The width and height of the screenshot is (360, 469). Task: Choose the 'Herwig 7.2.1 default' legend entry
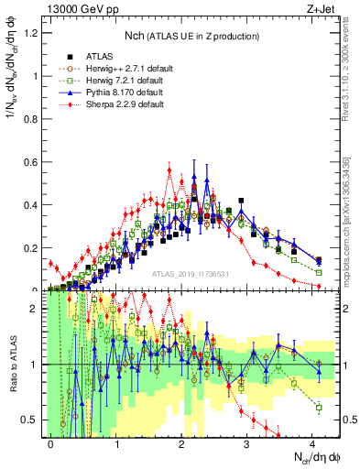119,80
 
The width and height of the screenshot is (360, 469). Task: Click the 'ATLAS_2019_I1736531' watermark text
191,274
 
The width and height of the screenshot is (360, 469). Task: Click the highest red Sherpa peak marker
169,169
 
